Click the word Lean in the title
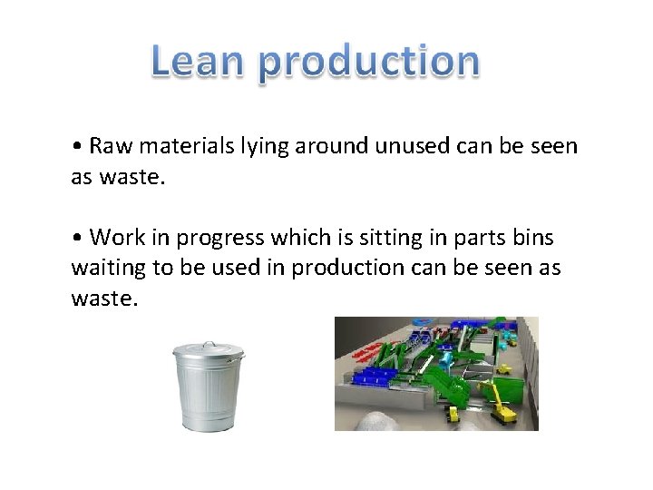coord(199,62)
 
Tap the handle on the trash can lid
coord(209,343)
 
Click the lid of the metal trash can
coord(209,350)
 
